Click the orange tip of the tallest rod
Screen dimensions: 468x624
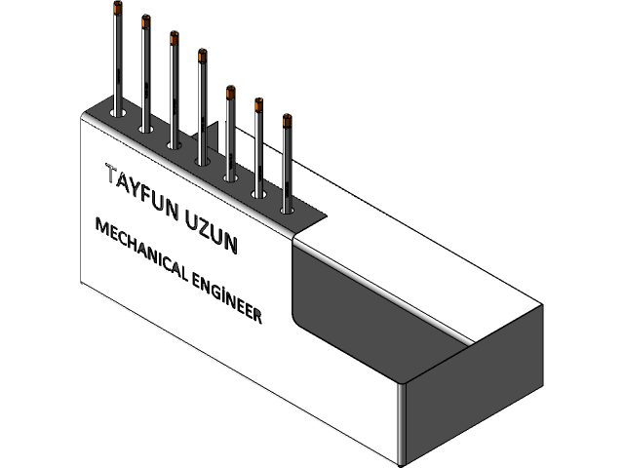click(x=118, y=9)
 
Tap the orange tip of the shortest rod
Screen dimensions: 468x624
click(x=287, y=121)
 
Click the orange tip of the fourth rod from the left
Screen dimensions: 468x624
click(x=202, y=57)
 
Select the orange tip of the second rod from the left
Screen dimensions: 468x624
click(x=145, y=21)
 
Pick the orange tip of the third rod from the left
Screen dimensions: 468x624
click(x=174, y=39)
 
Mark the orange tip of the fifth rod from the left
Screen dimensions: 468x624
click(x=230, y=93)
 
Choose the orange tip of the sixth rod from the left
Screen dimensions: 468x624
click(x=258, y=106)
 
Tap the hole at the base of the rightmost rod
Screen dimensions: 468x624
click(x=287, y=208)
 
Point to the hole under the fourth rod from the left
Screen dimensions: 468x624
click(x=203, y=160)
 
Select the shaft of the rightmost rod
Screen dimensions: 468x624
click(x=287, y=166)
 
